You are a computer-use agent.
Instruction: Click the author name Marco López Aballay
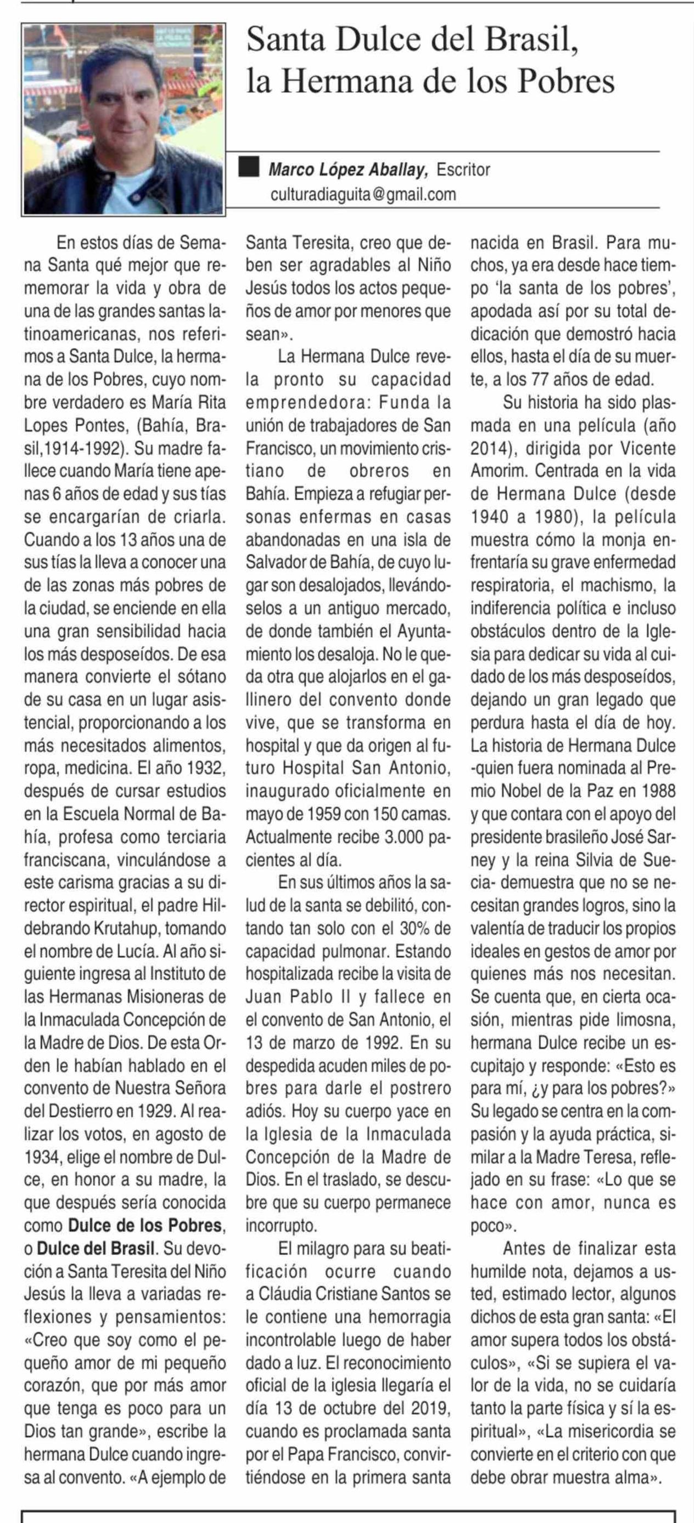(348, 170)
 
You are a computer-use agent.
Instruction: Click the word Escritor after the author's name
(463, 170)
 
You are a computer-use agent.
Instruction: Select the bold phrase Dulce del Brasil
(97, 1248)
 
